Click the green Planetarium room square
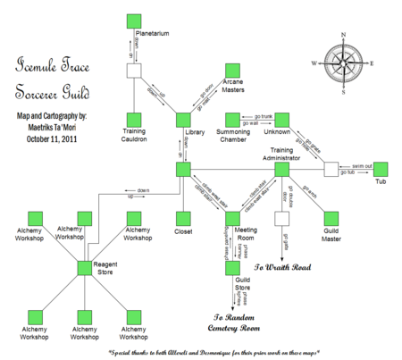coord(135,21)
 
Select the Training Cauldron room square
coord(135,119)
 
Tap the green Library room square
coord(184,119)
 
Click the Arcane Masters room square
coord(233,71)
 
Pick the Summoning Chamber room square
coord(233,119)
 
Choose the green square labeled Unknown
coord(282,119)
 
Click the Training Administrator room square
coord(282,168)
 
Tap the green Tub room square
coord(381,168)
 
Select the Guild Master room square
coord(331,217)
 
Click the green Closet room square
coord(184,217)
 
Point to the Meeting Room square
coord(233,217)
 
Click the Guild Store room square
coord(233,266)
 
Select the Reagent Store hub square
coord(86,266)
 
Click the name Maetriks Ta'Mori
coord(57,126)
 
